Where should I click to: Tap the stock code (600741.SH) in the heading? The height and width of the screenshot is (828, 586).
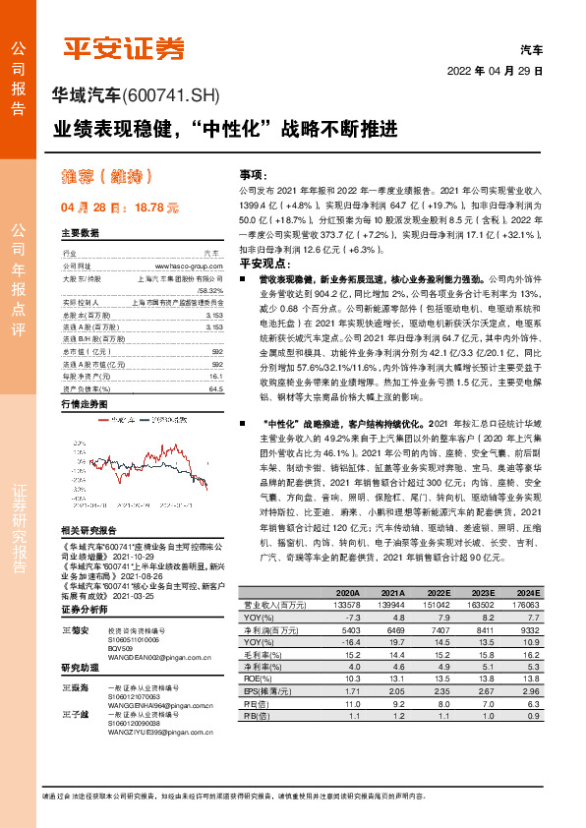tap(176, 94)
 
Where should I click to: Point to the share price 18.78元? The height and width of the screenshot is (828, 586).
tap(154, 208)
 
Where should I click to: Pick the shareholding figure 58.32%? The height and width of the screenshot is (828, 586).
tap(208, 290)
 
